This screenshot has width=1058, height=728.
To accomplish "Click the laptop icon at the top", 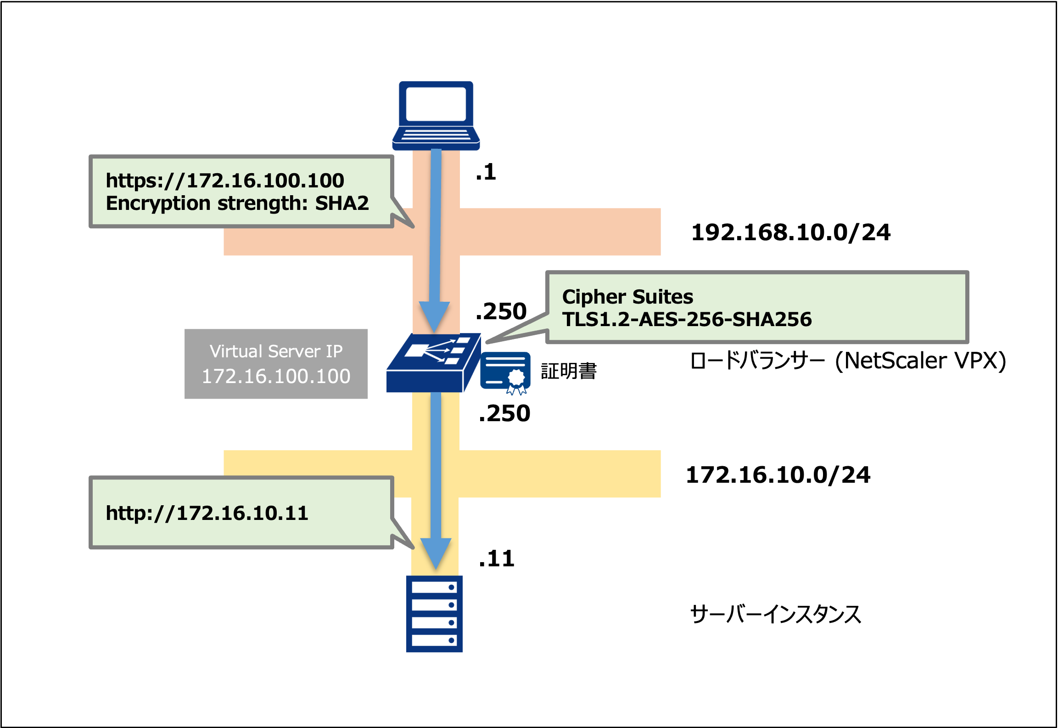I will tap(436, 115).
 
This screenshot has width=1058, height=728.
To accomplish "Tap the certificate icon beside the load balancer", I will tap(505, 372).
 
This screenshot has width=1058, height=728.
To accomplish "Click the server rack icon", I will tap(434, 614).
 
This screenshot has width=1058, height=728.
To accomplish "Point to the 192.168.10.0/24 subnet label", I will tap(790, 232).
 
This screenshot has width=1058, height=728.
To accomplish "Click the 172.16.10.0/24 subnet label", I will tap(778, 475).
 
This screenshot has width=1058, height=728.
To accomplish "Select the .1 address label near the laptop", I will tap(486, 172).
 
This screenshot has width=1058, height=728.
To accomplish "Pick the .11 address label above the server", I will tap(497, 559).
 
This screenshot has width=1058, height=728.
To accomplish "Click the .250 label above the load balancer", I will tap(501, 311).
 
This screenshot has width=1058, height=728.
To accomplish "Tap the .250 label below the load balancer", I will tap(504, 413).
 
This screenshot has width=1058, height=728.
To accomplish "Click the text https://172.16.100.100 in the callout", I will tap(225, 181).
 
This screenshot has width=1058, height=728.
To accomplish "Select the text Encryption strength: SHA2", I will tap(237, 203).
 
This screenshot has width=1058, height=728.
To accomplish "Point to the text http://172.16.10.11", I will tap(207, 513).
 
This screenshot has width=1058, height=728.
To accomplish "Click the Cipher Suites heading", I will tap(627, 297).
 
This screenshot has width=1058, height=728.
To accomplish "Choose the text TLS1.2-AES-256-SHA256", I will tap(687, 319).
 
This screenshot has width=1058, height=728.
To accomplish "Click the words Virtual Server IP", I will tap(276, 351).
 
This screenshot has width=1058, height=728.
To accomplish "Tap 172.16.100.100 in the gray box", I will tap(276, 376).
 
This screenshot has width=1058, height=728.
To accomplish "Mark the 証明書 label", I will tap(569, 371).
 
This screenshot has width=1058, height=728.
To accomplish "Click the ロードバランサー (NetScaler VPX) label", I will tap(847, 361).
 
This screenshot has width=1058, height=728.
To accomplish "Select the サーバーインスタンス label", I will tap(775, 614).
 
